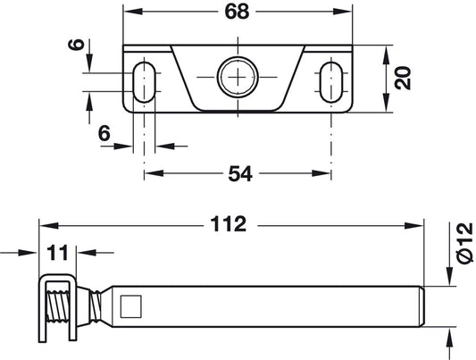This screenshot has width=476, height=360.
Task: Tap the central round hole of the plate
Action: (x=238, y=79)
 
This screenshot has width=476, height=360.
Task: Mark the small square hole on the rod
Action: (x=131, y=306)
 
